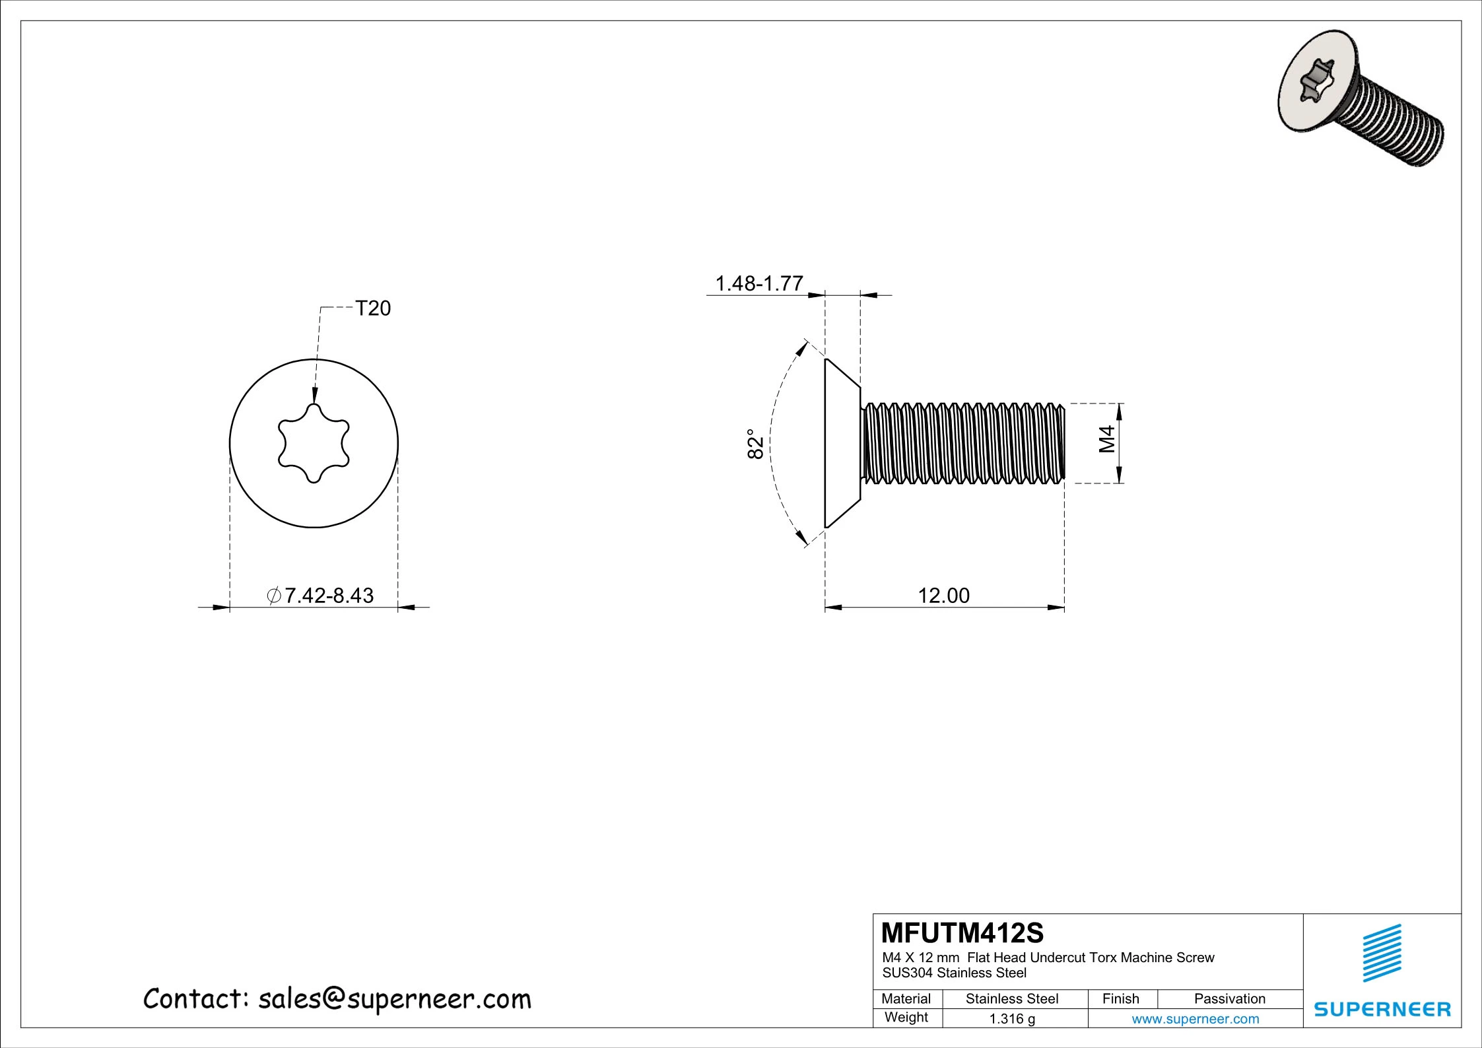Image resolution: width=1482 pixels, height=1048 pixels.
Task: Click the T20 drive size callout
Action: (x=373, y=308)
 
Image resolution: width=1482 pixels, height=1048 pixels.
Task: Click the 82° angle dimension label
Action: (x=755, y=444)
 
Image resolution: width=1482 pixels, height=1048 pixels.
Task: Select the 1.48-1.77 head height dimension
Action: (x=759, y=283)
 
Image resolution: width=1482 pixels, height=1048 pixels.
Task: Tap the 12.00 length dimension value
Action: (x=943, y=596)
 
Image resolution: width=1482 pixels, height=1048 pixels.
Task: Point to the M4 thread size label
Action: (x=1107, y=438)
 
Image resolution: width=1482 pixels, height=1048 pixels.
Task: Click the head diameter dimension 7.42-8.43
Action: (x=321, y=596)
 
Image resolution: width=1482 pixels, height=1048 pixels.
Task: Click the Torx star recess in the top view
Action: (x=314, y=443)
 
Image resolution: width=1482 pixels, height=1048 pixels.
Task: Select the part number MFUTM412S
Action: (x=962, y=933)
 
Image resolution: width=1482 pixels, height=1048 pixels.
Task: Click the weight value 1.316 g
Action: (x=1012, y=1019)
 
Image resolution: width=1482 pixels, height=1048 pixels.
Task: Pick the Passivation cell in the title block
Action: (x=1229, y=999)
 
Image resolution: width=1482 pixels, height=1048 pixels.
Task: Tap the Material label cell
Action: (x=906, y=999)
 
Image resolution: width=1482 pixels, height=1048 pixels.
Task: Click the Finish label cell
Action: (x=1120, y=999)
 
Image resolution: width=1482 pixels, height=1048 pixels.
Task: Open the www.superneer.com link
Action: (x=1195, y=1019)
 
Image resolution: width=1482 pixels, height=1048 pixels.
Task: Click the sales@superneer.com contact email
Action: (x=394, y=999)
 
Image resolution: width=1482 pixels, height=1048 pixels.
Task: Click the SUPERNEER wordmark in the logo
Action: (x=1382, y=1009)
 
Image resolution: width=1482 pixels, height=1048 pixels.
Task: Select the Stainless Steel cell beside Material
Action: (x=1012, y=999)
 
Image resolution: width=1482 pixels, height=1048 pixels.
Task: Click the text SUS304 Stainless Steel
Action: (x=954, y=973)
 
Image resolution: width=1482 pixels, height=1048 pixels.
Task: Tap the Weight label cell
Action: (x=906, y=1018)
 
